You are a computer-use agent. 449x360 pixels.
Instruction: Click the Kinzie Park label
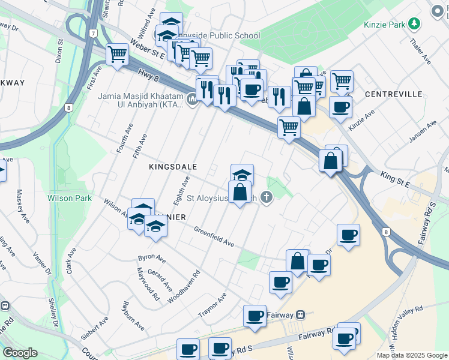384,25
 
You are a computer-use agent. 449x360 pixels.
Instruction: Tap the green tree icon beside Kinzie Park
414,24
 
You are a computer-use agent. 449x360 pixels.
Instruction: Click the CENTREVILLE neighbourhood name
389,95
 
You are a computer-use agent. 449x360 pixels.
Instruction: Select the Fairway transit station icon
301,314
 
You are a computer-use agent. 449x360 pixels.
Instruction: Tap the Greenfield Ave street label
214,236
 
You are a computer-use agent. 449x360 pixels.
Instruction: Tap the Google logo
20,353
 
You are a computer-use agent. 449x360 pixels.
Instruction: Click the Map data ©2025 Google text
411,355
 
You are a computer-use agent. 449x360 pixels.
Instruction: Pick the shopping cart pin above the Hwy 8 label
117,55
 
